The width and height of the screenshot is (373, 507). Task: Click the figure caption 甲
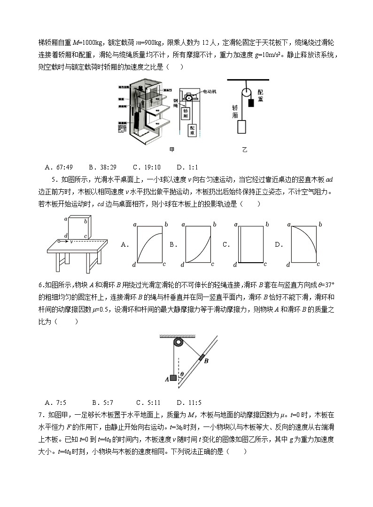pos(172,150)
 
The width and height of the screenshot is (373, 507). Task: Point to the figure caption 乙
pos(244,150)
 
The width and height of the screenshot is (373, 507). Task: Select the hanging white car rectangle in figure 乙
pos(241,128)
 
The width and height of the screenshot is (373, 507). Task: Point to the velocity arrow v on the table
pos(66,241)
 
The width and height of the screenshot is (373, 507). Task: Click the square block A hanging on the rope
pos(173,377)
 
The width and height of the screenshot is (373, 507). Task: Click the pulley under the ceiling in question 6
pos(178,343)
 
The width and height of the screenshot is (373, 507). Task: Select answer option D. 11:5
pos(189,402)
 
